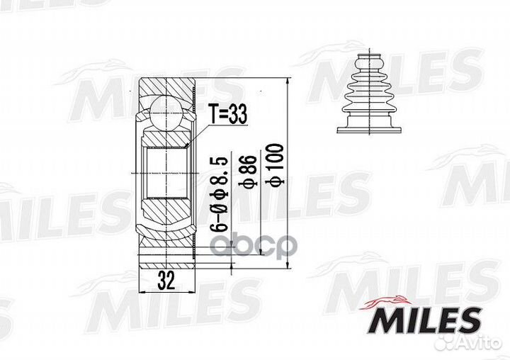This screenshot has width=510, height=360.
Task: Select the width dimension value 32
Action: coord(167,281)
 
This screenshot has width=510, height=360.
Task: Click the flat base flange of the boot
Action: coord(368,128)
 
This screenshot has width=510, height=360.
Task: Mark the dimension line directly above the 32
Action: coord(166,269)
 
